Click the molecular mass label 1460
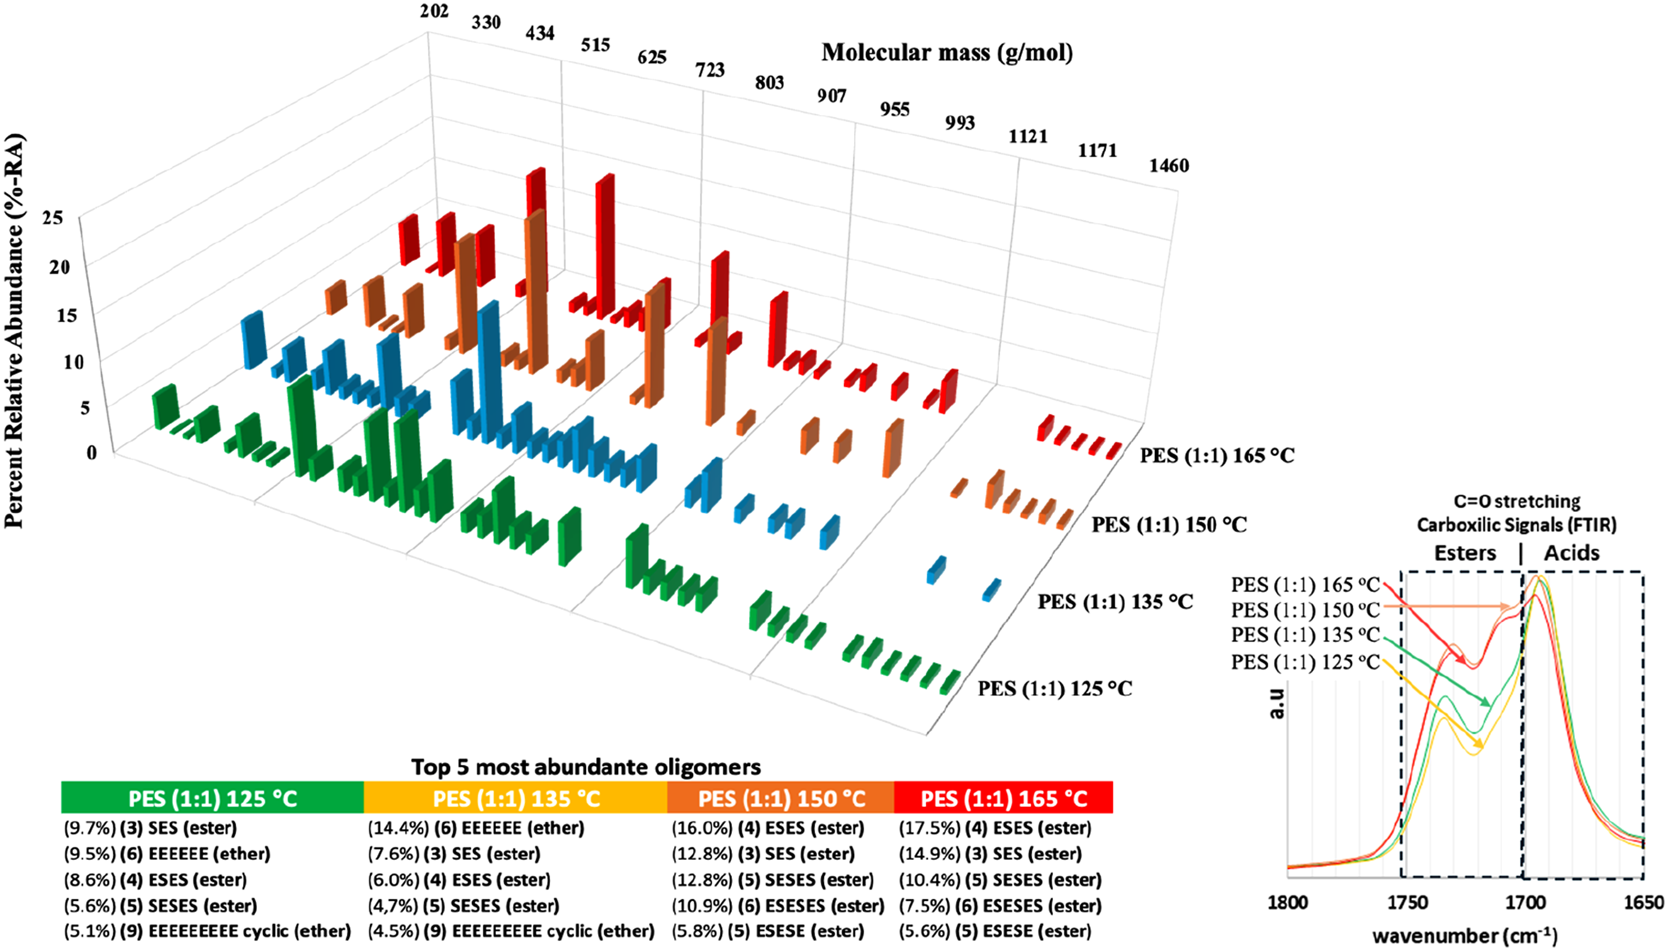click(1169, 166)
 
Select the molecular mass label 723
click(710, 69)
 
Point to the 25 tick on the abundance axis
click(53, 218)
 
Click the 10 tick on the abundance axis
click(74, 361)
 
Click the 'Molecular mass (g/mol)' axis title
click(947, 52)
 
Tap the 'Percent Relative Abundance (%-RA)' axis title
click(14, 330)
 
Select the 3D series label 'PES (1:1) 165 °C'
click(1217, 455)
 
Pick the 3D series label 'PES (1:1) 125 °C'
click(1055, 689)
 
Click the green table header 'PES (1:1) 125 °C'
click(212, 798)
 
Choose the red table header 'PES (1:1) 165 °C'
click(1004, 798)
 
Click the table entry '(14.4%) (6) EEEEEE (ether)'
click(476, 828)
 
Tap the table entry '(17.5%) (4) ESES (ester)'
click(995, 828)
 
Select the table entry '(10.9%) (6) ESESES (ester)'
click(778, 906)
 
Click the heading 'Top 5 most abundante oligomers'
click(585, 766)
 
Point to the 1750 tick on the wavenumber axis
click(1407, 903)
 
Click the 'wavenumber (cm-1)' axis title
click(1465, 935)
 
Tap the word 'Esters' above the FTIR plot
click(1465, 553)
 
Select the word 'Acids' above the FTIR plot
click(1571, 553)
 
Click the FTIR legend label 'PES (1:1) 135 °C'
click(1305, 635)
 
